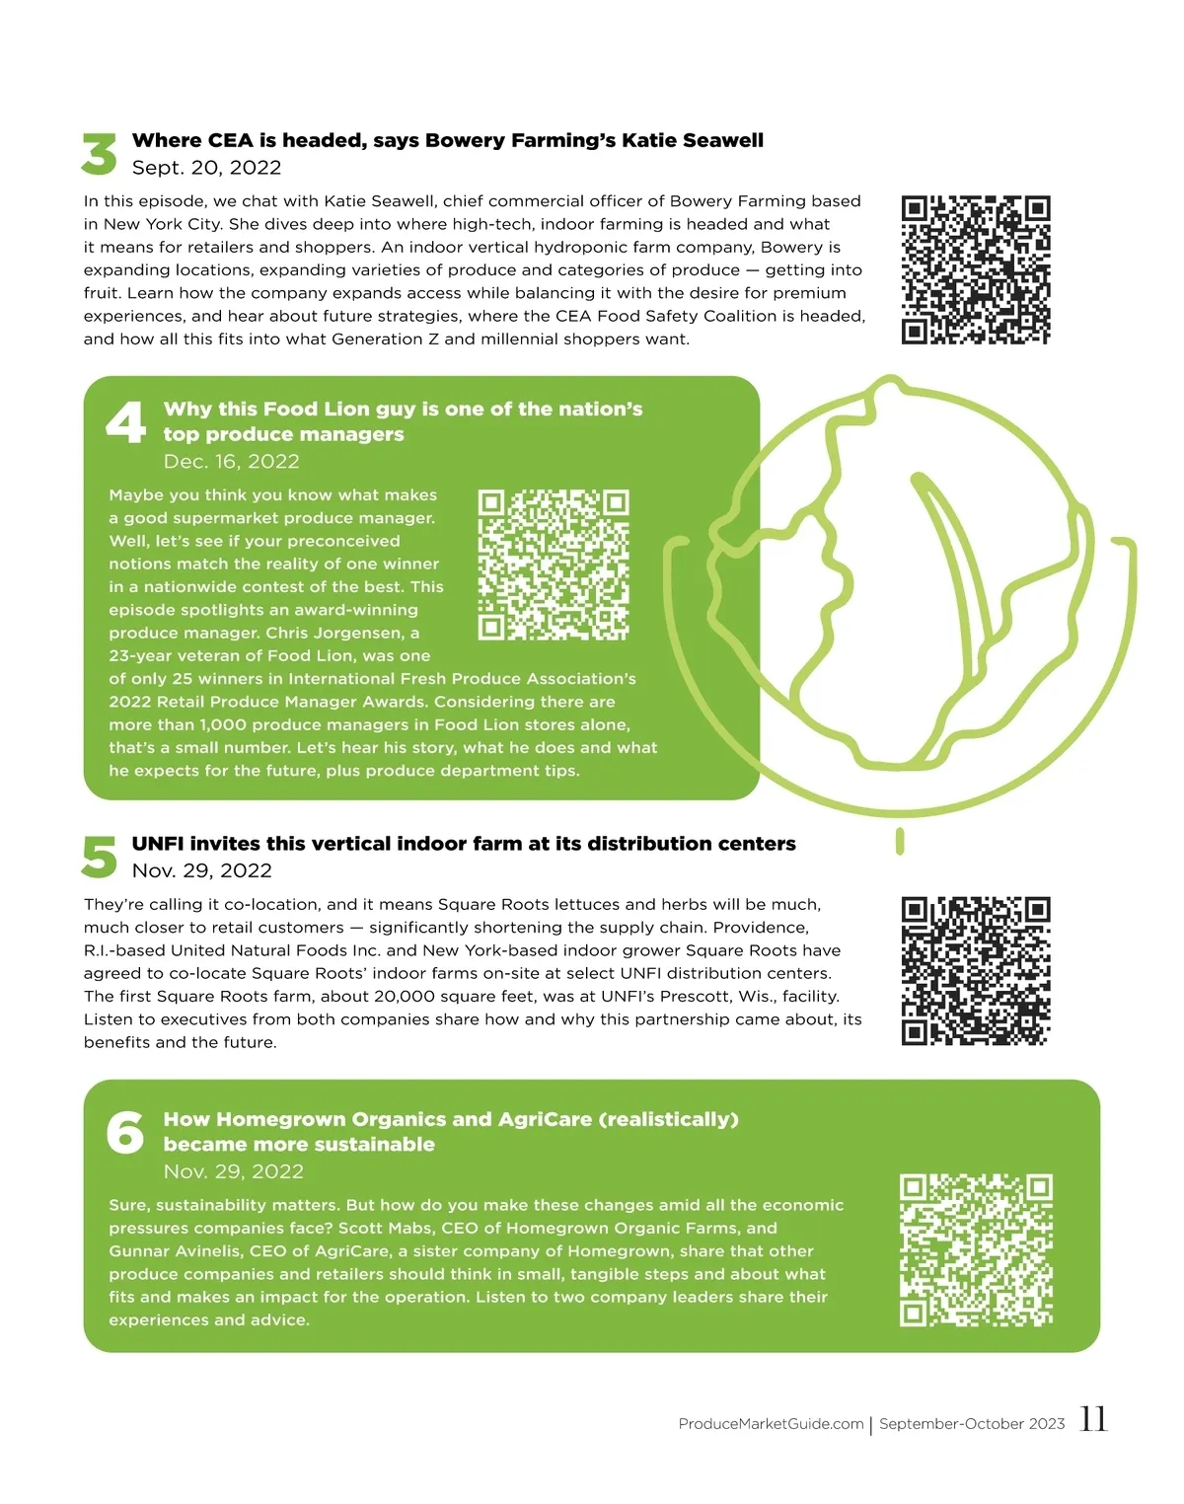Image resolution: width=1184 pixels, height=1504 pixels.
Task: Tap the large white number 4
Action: coord(126,421)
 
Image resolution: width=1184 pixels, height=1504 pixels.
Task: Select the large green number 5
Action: coord(100,857)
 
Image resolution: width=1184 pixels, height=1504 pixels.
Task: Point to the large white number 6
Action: coord(125,1132)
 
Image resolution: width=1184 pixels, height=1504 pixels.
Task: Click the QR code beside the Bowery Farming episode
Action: coord(976,269)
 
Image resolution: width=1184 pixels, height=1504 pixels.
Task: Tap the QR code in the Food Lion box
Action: coord(554,564)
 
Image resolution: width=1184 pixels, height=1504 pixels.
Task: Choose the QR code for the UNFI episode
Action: coord(976,971)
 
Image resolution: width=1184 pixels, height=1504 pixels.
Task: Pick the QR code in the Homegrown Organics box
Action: coord(976,1250)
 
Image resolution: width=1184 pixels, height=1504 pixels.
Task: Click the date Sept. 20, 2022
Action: coord(207,168)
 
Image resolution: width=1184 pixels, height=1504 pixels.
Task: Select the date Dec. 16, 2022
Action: coord(231,461)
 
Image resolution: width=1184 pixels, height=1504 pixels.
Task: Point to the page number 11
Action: coord(1094,1419)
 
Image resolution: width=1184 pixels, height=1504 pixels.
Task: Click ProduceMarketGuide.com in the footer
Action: coord(771,1424)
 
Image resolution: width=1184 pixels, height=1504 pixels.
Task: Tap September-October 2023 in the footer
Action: coord(972,1424)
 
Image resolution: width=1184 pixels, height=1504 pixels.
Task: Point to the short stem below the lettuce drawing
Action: coord(900,841)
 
